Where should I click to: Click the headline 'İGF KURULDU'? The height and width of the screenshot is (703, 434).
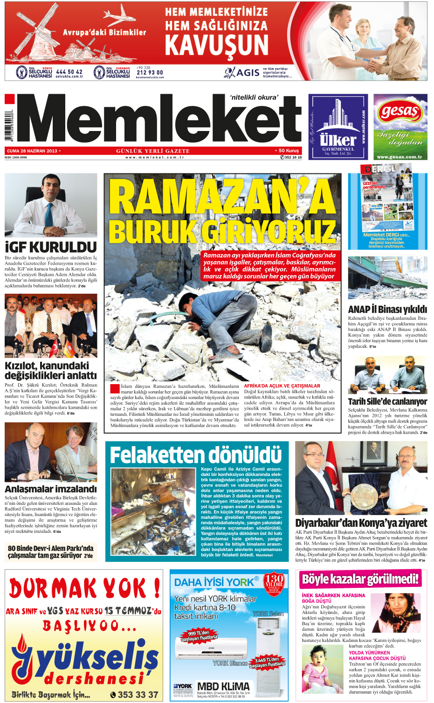pos(51,247)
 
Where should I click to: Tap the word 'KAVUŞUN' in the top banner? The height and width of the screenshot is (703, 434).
pos(217,45)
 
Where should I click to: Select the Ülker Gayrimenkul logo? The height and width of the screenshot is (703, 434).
pos(338,127)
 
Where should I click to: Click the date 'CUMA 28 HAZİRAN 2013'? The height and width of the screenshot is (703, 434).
pos(32,151)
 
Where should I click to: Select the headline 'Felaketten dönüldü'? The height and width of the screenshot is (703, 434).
pos(196,455)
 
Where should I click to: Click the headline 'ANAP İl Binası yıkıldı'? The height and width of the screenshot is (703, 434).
pos(387,310)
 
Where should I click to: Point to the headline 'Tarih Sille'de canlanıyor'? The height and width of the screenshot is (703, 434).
pos(387,401)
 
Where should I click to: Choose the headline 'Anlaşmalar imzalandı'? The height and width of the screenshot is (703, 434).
pos(51,489)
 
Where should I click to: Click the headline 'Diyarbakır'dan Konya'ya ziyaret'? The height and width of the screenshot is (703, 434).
pos(361,523)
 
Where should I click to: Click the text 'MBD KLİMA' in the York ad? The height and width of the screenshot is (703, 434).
pos(223,686)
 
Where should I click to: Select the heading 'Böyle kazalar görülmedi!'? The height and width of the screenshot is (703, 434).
pos(360,579)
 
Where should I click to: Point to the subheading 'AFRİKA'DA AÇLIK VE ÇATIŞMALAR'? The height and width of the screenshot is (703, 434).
pos(282,386)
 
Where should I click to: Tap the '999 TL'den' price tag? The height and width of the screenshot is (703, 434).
pos(200,635)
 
